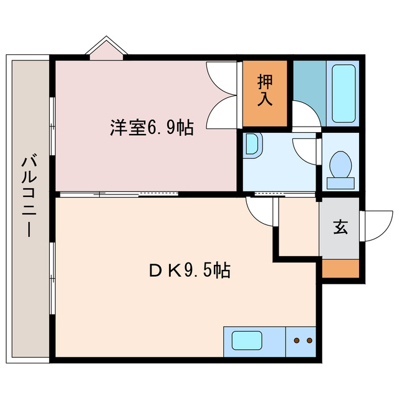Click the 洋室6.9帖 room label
click(151, 128)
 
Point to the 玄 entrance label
click(340, 228)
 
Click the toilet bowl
click(341, 168)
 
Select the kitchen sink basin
click(247, 340)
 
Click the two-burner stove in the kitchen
click(302, 341)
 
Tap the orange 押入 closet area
click(265, 94)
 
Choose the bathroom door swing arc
click(305, 116)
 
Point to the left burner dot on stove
click(296, 340)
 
